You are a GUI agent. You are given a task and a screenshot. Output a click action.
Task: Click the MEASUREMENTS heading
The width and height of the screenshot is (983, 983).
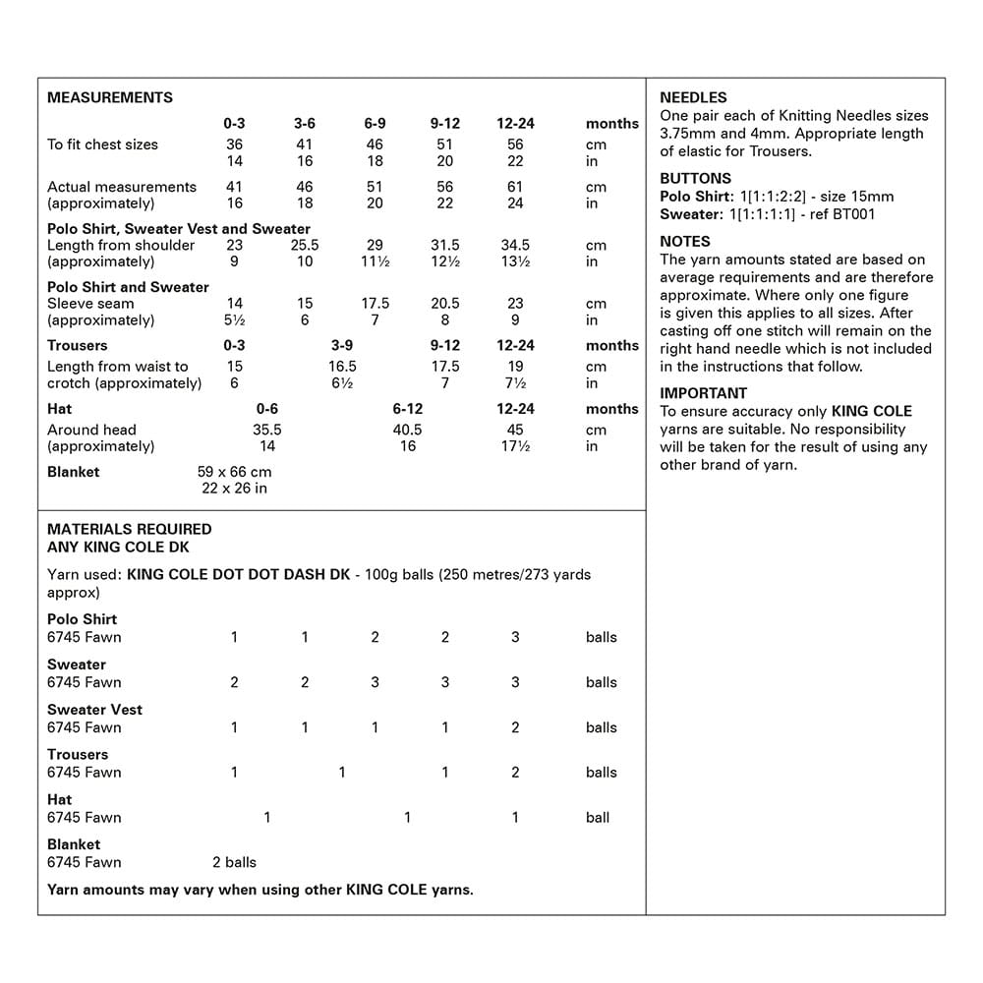tap(110, 97)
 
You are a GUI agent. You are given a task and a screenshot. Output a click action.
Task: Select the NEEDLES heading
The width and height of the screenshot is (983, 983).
tap(693, 97)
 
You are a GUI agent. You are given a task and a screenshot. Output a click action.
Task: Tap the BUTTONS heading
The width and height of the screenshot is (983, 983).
tap(695, 178)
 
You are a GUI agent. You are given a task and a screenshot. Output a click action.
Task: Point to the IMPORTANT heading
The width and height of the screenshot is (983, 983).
tap(703, 393)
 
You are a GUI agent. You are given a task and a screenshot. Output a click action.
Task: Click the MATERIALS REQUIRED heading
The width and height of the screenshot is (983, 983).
tap(130, 529)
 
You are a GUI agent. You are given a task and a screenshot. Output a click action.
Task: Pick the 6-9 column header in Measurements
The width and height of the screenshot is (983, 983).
tap(375, 124)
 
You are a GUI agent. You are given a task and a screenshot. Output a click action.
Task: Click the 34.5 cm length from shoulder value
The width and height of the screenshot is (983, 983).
tap(515, 245)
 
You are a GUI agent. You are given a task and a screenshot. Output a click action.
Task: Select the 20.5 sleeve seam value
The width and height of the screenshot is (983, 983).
tap(444, 304)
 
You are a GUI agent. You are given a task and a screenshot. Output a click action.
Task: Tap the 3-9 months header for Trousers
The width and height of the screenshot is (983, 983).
tap(342, 345)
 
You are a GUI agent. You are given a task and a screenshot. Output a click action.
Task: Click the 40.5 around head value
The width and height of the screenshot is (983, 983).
tap(407, 430)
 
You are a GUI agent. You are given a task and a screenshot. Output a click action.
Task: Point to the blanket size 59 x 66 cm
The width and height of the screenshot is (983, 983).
tap(234, 472)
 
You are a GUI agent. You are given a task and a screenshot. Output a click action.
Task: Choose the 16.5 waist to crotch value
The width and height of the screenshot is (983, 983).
tap(342, 367)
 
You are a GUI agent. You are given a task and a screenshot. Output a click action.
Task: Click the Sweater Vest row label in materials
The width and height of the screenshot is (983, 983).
tap(94, 710)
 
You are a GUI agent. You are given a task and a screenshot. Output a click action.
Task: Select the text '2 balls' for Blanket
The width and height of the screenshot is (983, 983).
tap(234, 862)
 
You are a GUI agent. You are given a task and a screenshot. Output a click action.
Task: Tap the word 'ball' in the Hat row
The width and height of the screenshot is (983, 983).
tap(598, 817)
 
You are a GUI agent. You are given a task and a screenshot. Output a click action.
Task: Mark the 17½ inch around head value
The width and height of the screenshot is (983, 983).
tap(515, 446)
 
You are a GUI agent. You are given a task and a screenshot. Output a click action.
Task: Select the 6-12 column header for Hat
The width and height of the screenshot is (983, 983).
tap(407, 408)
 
